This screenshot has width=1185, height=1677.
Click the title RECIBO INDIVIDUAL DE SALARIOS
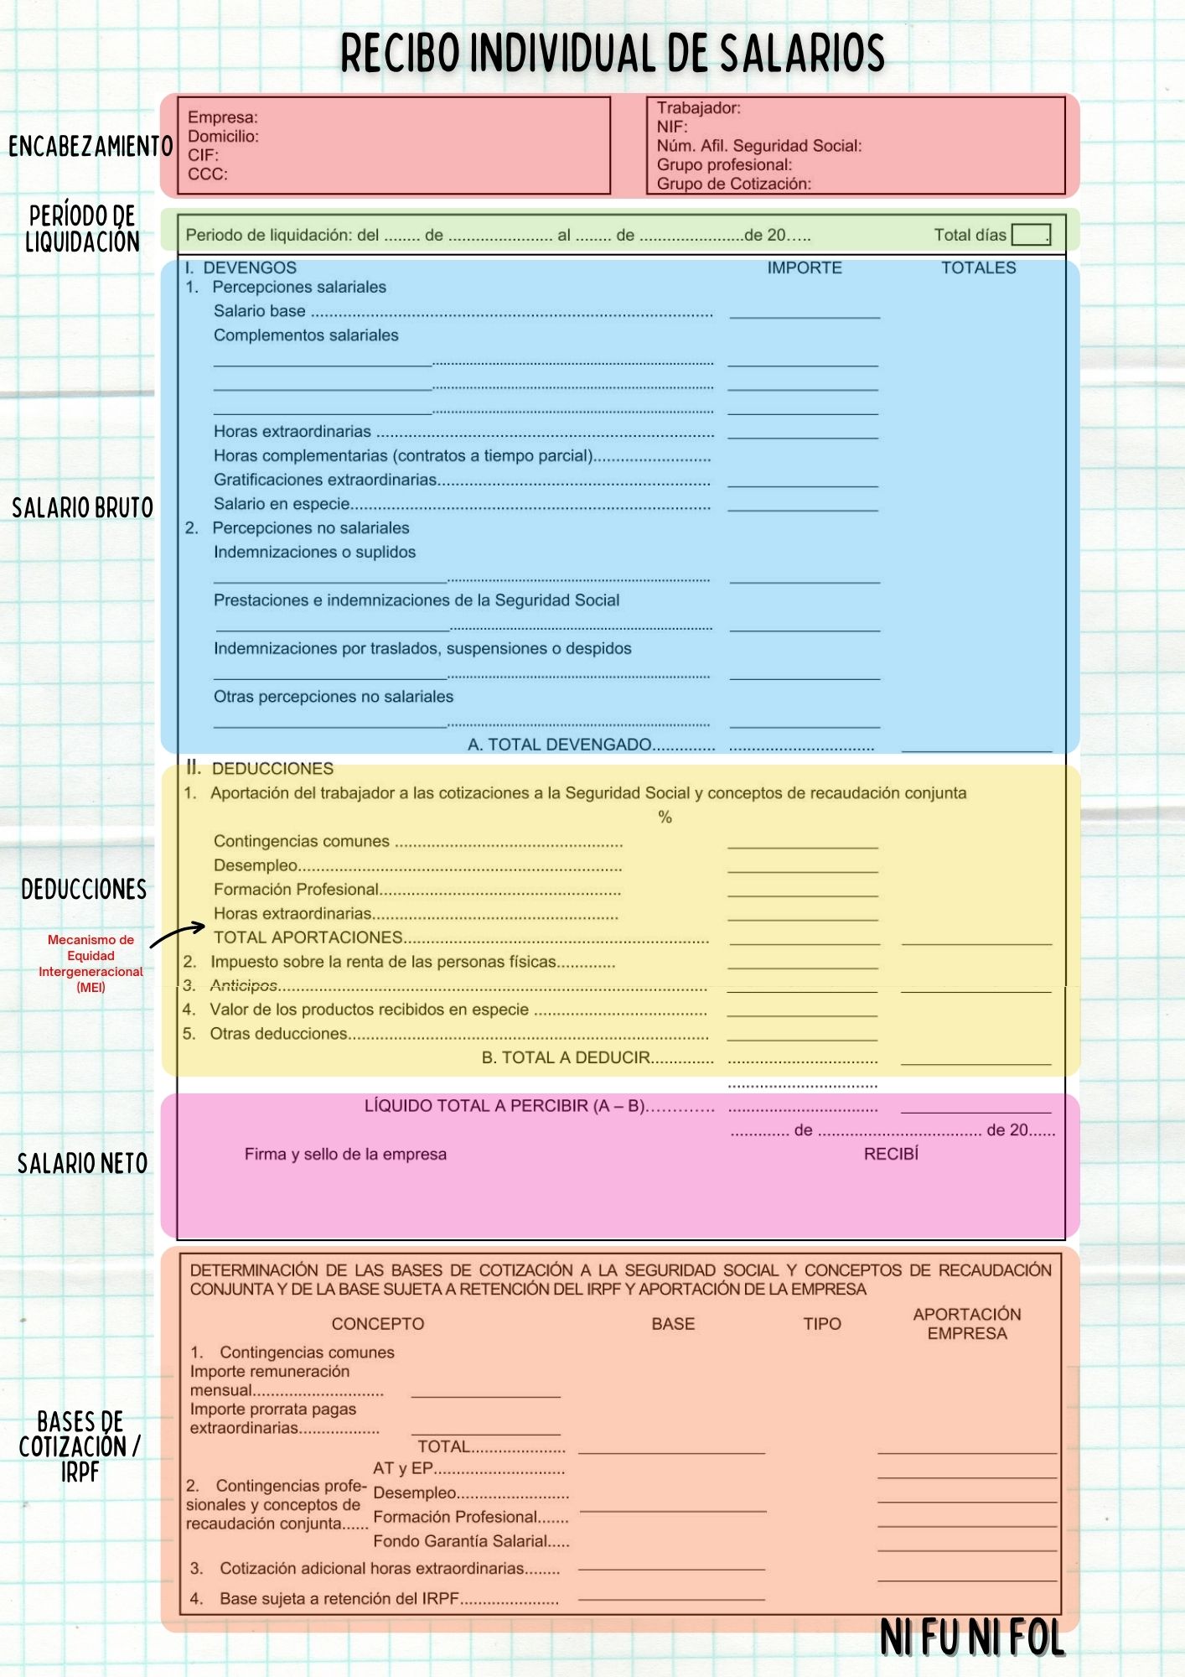pos(612,53)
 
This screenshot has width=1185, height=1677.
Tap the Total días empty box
pos(1030,235)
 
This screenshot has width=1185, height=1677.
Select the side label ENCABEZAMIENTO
pos(91,147)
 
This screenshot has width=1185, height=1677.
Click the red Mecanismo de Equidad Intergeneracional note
pos(91,963)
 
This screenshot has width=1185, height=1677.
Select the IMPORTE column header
pos(805,267)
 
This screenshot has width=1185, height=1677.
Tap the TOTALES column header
pos(978,267)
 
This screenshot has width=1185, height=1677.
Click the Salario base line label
pos(259,311)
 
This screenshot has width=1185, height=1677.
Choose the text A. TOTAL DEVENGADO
pos(559,745)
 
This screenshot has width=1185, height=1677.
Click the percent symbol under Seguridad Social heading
pos(665,818)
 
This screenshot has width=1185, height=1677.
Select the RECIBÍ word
pos(891,1154)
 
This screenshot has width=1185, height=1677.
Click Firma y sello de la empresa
pos(345,1155)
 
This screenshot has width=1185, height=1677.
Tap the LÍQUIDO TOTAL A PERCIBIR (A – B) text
pos(505,1106)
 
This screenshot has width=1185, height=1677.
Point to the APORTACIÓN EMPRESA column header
pos(967,1323)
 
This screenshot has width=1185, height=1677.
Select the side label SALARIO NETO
pos(82,1164)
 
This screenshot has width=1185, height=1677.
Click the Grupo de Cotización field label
pos(733,184)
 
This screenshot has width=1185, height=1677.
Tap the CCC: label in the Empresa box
pos(207,174)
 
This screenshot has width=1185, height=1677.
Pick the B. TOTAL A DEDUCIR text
pos(566,1057)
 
